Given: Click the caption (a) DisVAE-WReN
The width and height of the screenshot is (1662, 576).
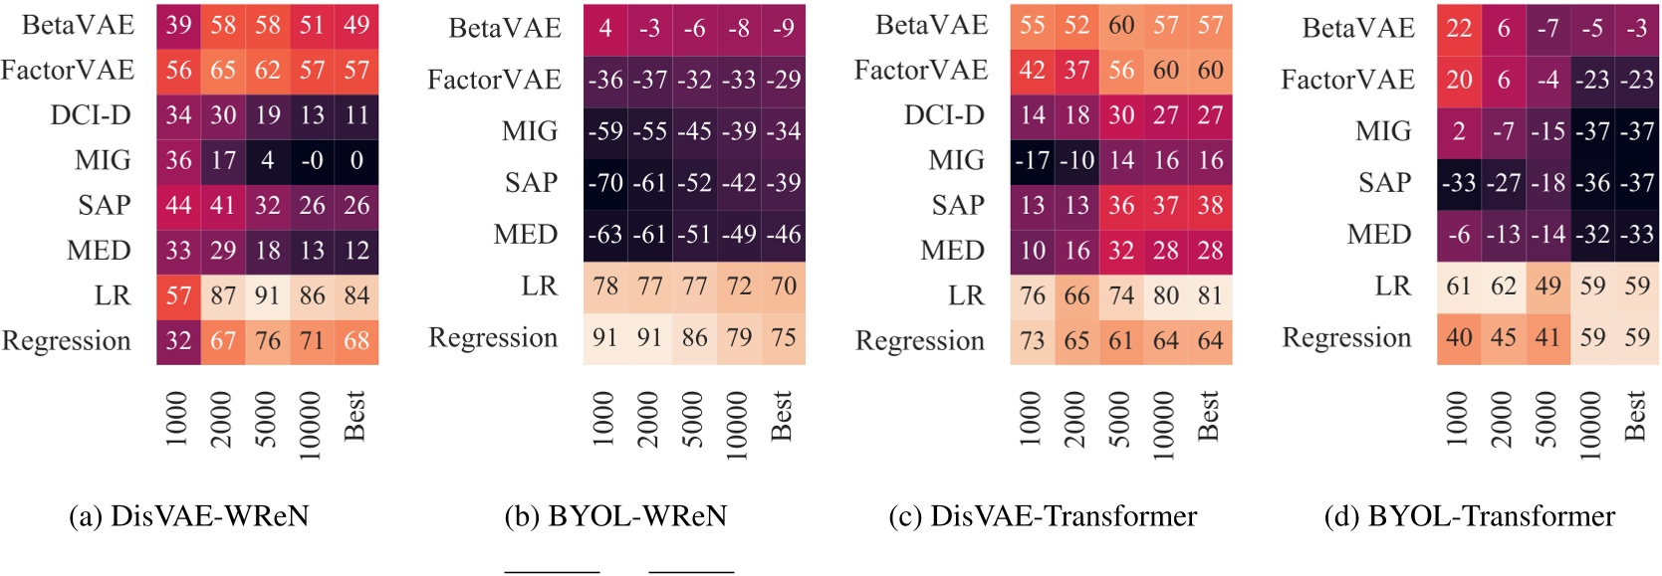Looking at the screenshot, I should (x=189, y=516).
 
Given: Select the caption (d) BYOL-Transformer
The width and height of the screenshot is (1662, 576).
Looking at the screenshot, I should (x=1470, y=516).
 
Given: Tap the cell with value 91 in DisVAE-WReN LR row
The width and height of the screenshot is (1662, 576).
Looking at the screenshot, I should (x=267, y=295).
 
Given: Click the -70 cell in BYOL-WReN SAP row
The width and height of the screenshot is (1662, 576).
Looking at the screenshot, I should (x=605, y=183).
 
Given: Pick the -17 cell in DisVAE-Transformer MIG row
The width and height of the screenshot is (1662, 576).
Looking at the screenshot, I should (x=1033, y=160).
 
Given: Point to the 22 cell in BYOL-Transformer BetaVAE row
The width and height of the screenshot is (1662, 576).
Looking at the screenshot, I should (x=1459, y=29).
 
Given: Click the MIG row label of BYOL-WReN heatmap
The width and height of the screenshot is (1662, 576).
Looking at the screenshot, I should (x=530, y=131).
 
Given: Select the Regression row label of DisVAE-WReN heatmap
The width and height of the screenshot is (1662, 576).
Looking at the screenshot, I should (x=67, y=341).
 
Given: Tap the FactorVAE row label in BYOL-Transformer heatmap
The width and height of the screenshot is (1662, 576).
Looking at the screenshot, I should (x=1347, y=80).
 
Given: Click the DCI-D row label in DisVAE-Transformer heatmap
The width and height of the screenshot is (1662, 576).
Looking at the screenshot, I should (x=944, y=115).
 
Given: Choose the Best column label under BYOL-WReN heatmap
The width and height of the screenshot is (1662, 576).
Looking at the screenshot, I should (x=782, y=416).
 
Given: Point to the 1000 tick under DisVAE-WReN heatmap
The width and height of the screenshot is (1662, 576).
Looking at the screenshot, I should (x=177, y=419).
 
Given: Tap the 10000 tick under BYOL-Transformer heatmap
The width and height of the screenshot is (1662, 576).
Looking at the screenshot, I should (x=1591, y=425).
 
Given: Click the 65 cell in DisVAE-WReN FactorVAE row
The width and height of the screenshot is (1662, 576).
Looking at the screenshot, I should (x=222, y=71).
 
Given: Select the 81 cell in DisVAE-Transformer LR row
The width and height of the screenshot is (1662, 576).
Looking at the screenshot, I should (x=1210, y=295).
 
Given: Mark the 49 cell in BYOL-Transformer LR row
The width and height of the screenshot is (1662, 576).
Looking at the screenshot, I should (x=1547, y=287).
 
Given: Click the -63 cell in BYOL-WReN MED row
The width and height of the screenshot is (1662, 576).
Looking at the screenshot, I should (x=605, y=235).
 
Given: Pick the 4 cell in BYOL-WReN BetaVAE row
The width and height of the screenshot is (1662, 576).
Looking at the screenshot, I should (x=605, y=29).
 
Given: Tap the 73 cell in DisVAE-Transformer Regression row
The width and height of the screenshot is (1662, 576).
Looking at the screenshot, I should (x=1033, y=341).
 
